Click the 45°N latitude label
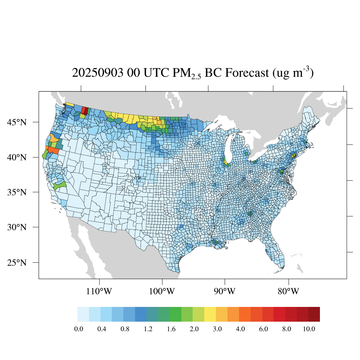coord(17,122)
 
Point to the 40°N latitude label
coord(17,157)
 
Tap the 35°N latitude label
coord(17,192)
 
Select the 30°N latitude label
coord(17,227)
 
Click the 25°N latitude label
coord(17,263)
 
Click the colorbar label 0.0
coord(78,329)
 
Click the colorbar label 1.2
coord(148,329)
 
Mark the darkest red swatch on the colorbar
coord(314,314)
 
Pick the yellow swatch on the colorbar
coord(210,314)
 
